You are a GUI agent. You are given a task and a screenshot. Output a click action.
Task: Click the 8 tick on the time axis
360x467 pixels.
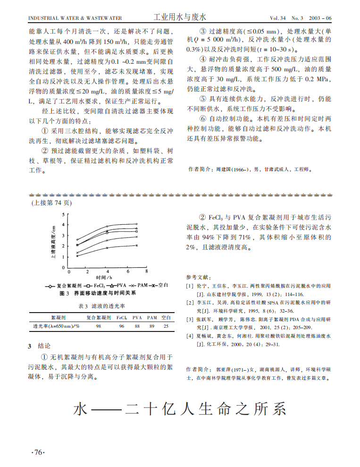[147, 272]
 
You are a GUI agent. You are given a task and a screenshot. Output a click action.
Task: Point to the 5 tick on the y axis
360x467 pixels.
[64, 214]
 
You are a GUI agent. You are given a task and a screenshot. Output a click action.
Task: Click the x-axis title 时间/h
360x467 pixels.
[104, 277]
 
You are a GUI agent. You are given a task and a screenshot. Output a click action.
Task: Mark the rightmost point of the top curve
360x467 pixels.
[137, 224]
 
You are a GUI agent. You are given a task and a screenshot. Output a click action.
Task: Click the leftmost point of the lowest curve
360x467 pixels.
[77, 256]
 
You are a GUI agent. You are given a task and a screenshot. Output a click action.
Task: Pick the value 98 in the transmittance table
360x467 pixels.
[99, 326]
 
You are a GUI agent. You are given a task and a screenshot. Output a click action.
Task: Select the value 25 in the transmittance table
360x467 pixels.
[166, 326]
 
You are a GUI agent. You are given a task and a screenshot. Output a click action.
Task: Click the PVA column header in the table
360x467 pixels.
[137, 318]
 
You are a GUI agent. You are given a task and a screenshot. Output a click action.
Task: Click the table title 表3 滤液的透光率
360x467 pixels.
[100, 306]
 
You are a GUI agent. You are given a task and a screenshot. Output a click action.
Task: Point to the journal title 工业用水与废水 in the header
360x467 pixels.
[180, 17]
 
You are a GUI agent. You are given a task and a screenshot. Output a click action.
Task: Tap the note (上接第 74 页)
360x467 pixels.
[51, 203]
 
